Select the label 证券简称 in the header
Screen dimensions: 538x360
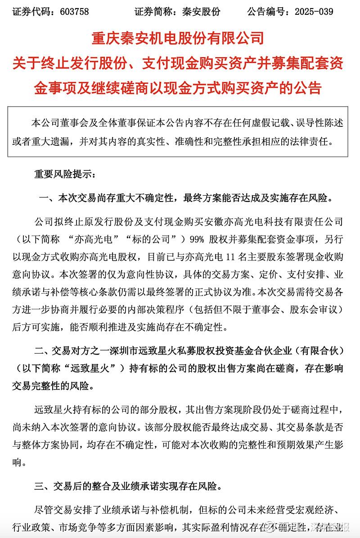pos(154,12)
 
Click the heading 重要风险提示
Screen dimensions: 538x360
pos(63,173)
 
